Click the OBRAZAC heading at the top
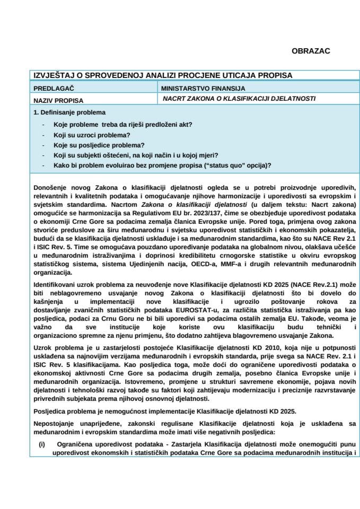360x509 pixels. click(x=311, y=51)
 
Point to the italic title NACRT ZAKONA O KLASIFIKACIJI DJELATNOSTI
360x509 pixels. click(x=239, y=99)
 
